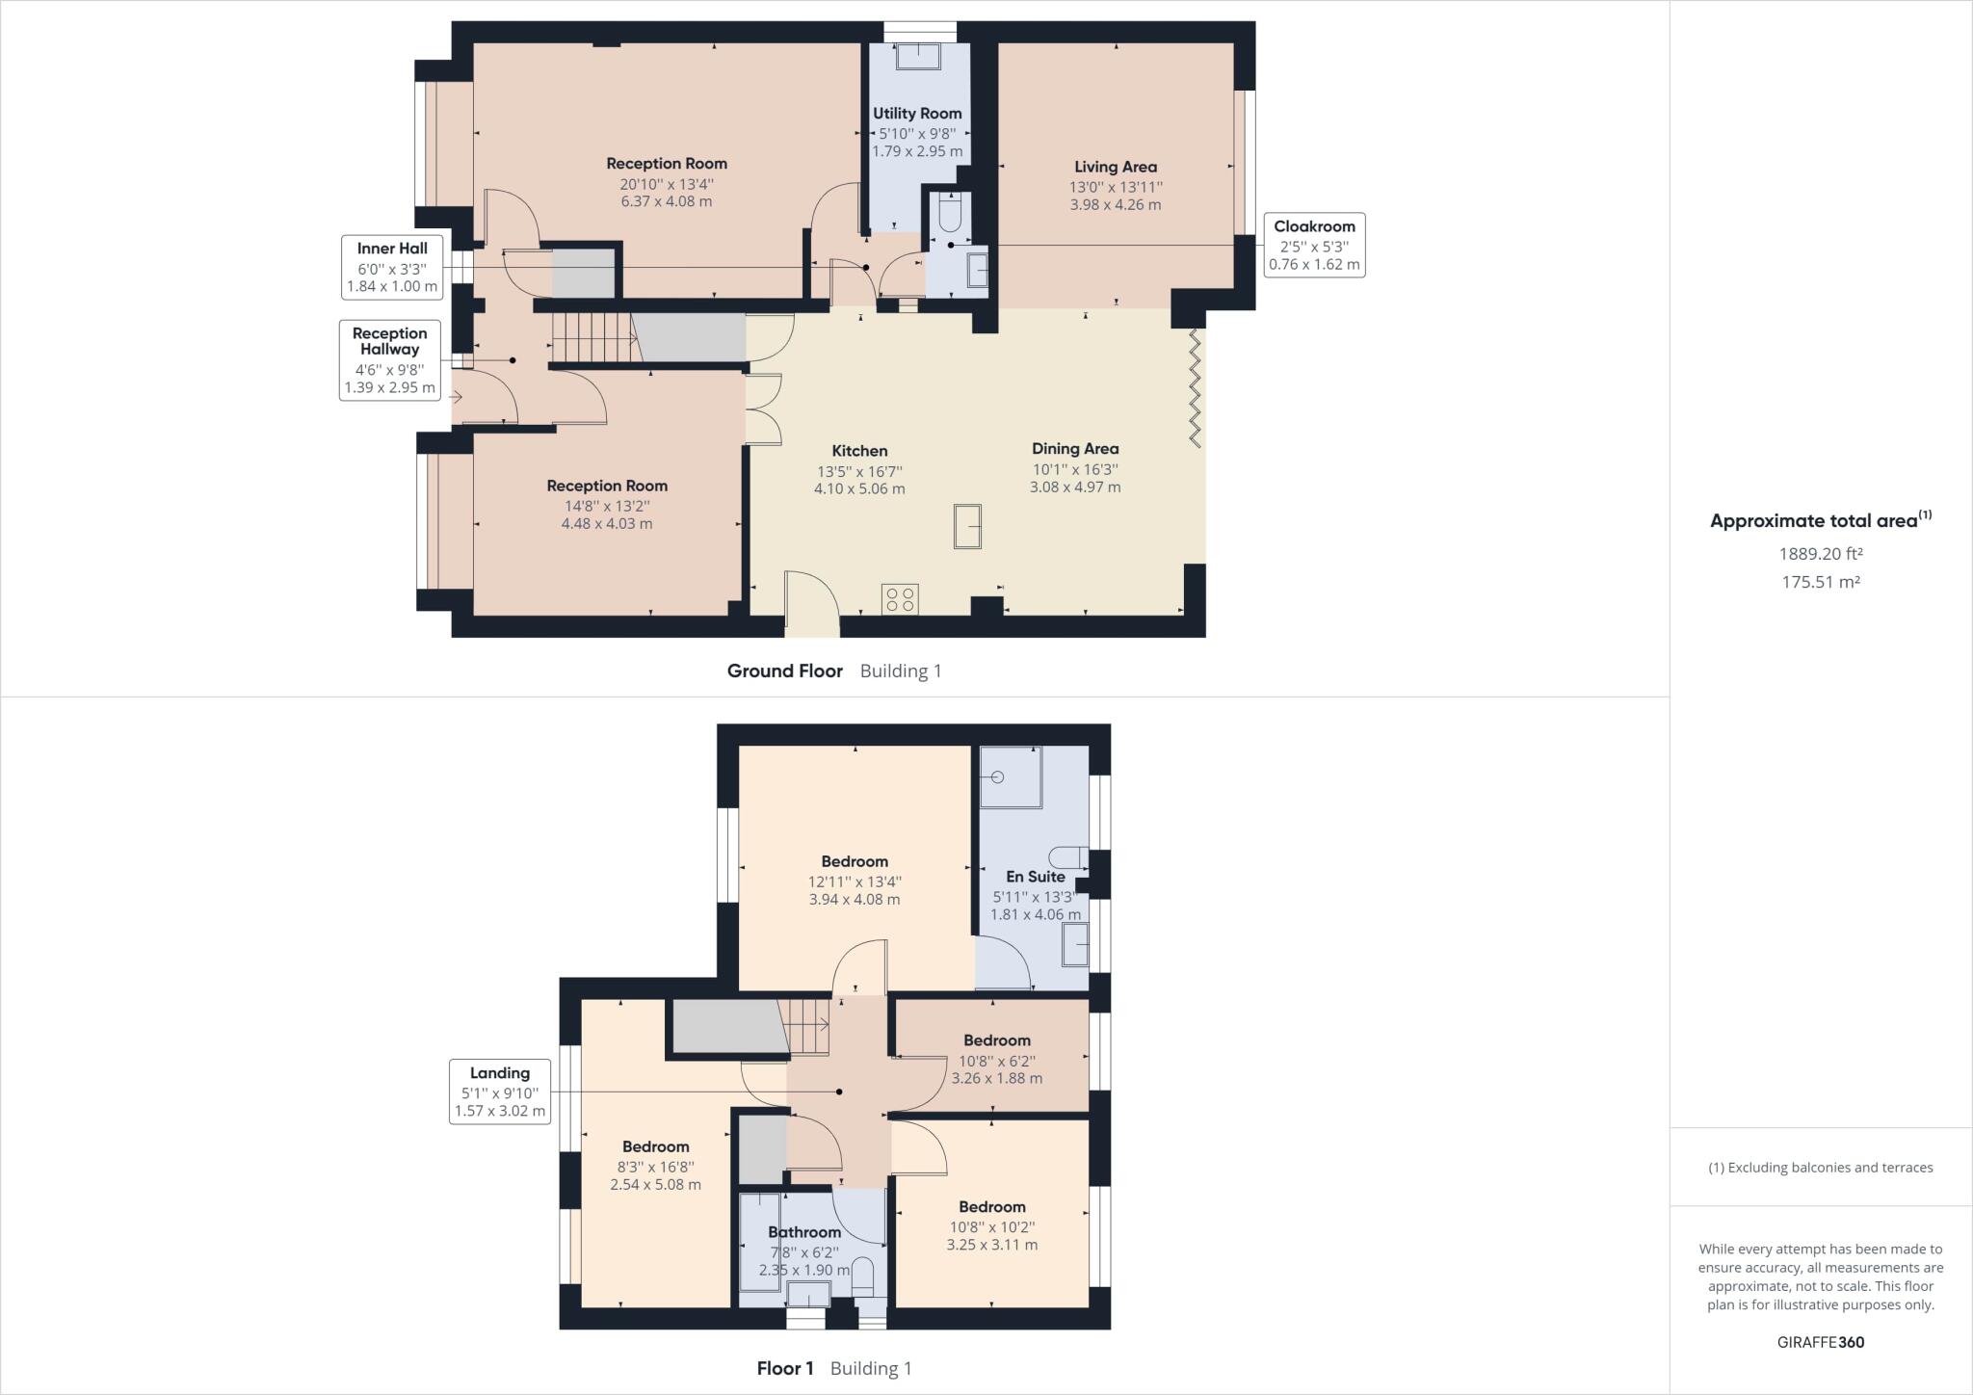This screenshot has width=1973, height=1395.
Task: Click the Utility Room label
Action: pyautogui.click(x=917, y=114)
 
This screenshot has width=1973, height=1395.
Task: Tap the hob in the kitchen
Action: pyautogui.click(x=900, y=599)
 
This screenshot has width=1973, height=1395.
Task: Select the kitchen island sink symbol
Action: pyautogui.click(x=967, y=527)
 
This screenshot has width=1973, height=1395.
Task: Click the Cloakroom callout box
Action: pyautogui.click(x=1314, y=245)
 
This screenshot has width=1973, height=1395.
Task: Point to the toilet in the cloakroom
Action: pyautogui.click(x=948, y=213)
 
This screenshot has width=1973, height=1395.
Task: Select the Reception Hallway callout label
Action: pyautogui.click(x=389, y=360)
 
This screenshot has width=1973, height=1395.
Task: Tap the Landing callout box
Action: pyautogui.click(x=499, y=1091)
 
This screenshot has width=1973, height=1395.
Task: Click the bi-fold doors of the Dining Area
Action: pyautogui.click(x=1195, y=388)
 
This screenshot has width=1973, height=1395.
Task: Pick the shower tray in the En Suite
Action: pyautogui.click(x=1010, y=776)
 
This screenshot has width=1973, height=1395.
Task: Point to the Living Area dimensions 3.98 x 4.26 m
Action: pyautogui.click(x=1115, y=204)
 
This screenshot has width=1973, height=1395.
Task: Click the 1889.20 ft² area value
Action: pyautogui.click(x=1820, y=554)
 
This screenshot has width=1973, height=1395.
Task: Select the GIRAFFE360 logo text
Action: pyautogui.click(x=1820, y=1342)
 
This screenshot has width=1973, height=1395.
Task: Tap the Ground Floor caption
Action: pyautogui.click(x=784, y=671)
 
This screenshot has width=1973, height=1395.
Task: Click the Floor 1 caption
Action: pyautogui.click(x=785, y=1368)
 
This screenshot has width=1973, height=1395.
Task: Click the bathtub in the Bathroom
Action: pyautogui.click(x=760, y=1243)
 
